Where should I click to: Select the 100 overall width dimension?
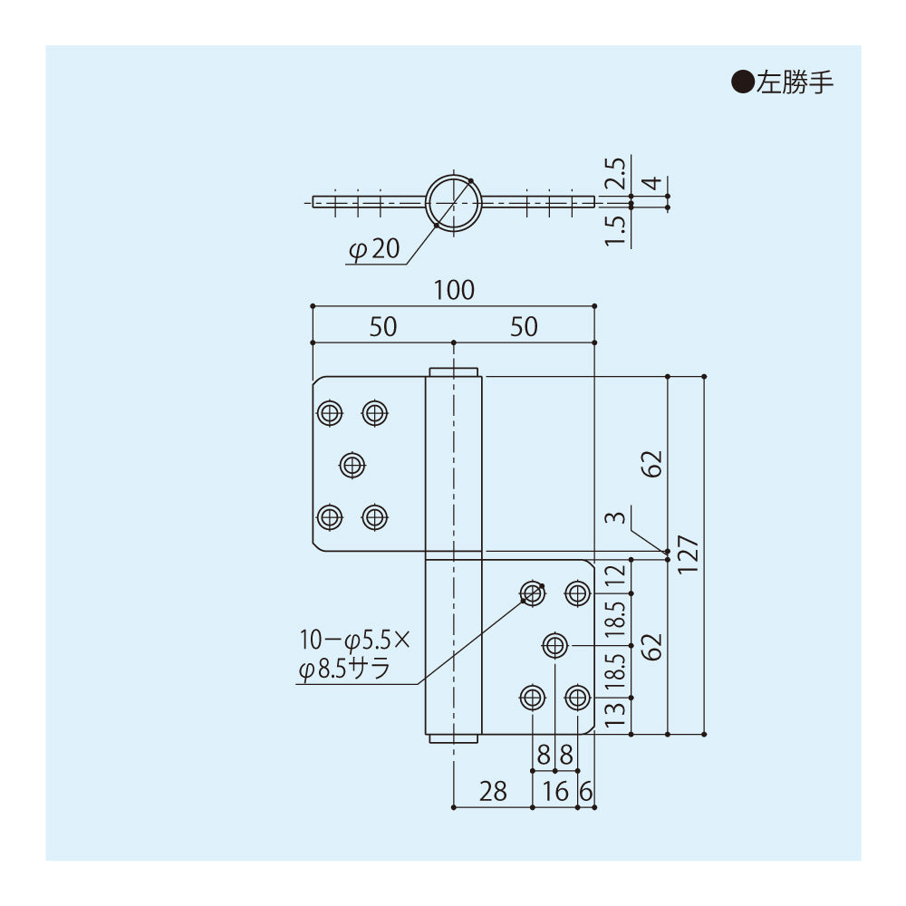(453, 291)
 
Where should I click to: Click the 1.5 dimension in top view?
(615, 230)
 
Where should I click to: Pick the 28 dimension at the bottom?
(492, 791)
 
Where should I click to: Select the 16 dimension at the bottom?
(555, 791)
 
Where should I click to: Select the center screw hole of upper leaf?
(352, 466)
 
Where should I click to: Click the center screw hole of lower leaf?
(554, 646)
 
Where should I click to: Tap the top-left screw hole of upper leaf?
(330, 414)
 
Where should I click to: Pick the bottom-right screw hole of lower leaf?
(577, 698)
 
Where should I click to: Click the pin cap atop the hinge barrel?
(453, 371)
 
